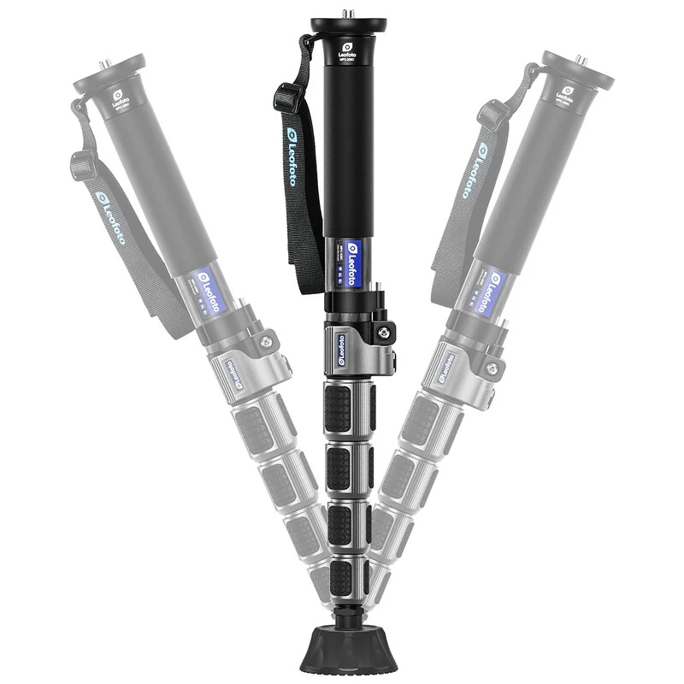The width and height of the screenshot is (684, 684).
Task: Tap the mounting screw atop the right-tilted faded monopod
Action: (x=582, y=61)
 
